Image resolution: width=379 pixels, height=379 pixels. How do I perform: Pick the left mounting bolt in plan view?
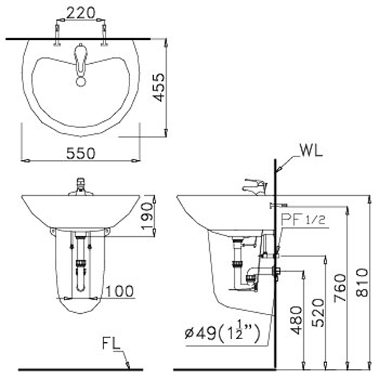click(58, 35)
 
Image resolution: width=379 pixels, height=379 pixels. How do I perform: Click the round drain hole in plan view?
click(80, 80)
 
